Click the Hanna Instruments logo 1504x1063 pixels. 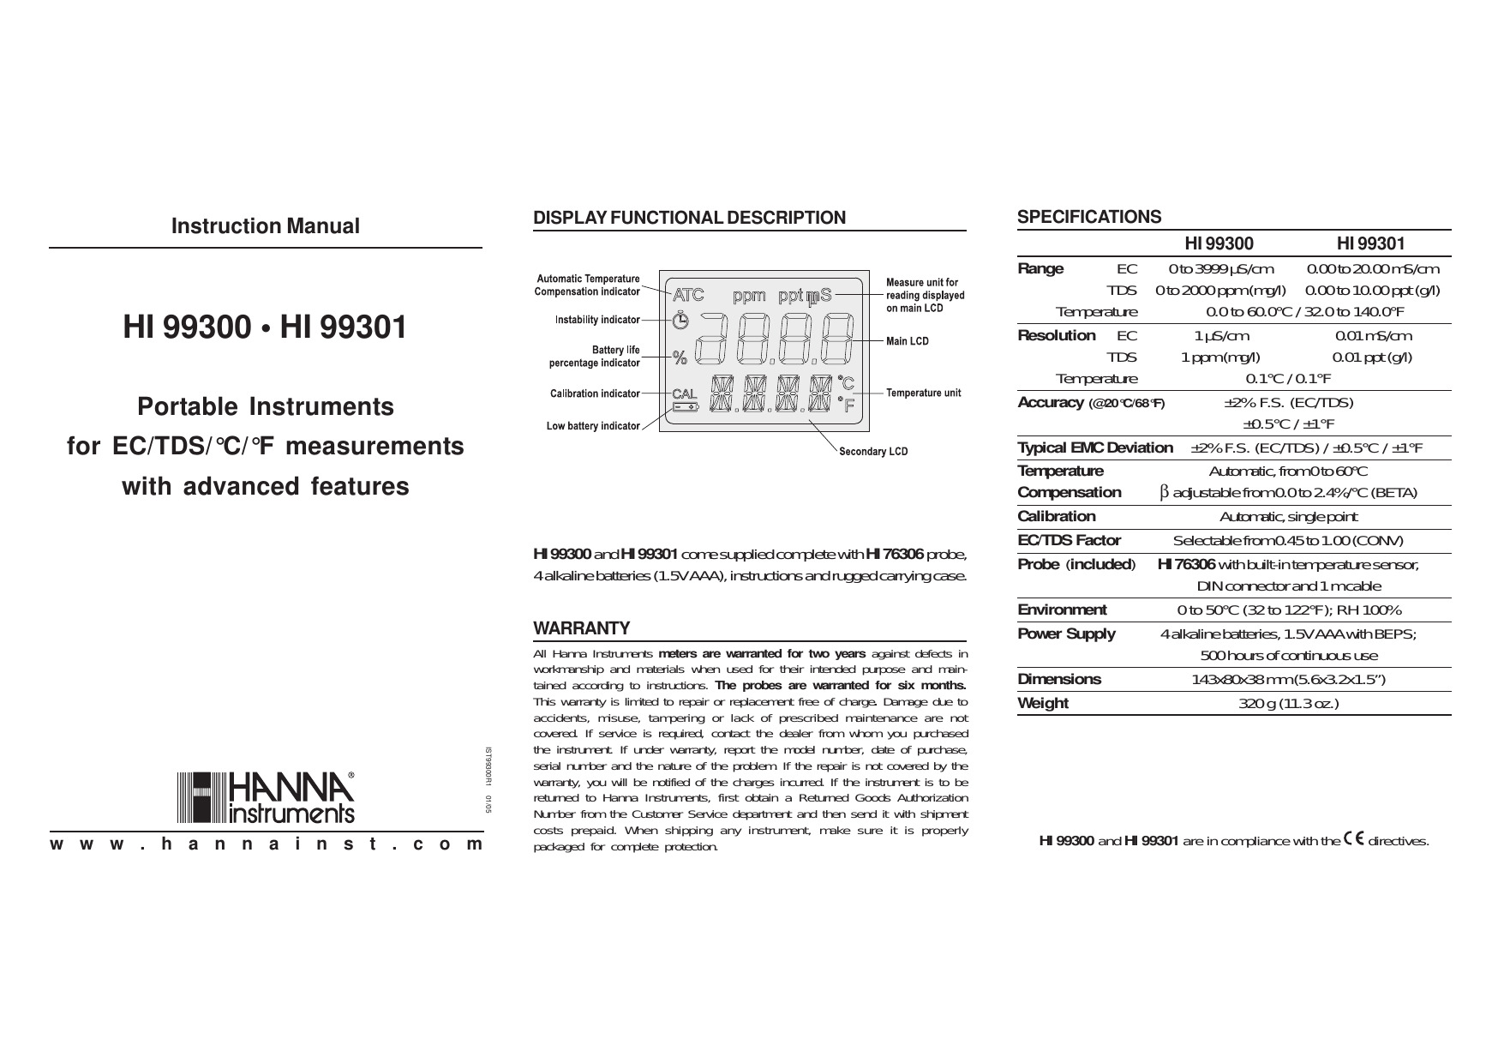pos(266,796)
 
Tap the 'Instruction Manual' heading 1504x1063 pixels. pos(265,226)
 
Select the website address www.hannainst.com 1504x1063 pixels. pos(266,844)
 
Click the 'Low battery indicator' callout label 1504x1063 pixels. pos(593,426)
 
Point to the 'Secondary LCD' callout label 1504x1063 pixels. pos(872,452)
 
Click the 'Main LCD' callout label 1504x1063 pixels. pos(907,341)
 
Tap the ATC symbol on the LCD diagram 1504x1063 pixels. pos(688,296)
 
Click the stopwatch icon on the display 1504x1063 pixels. pos(680,321)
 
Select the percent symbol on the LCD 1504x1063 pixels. pos(680,358)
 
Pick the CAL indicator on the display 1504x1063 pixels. pos(685,393)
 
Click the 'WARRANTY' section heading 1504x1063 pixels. pos(582,628)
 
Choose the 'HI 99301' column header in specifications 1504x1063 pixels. pos(1370,244)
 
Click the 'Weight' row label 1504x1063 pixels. pos(1043,703)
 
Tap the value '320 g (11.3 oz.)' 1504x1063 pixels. pos(1288,704)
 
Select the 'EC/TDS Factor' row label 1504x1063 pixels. pos(1069,540)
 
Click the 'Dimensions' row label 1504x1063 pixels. pos(1059,679)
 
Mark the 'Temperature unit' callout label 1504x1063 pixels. pos(923,393)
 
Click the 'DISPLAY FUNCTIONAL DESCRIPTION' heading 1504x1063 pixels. pos(689,218)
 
